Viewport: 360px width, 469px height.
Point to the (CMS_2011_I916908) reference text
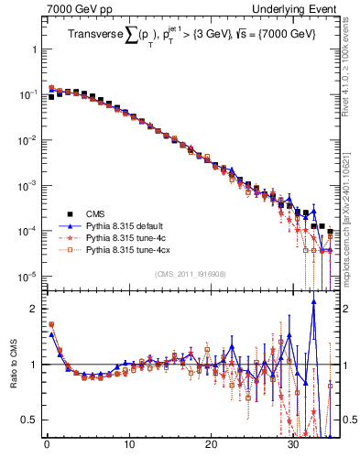191,274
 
